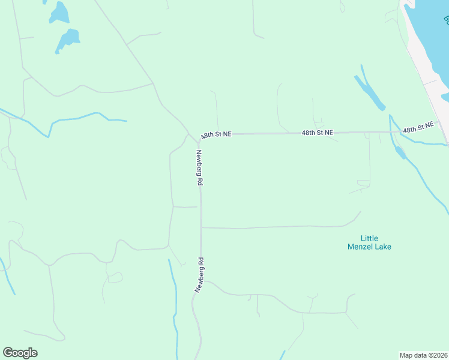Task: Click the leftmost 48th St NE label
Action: coord(216,135)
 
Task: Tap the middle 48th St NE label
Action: coord(317,133)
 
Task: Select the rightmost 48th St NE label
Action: coord(418,128)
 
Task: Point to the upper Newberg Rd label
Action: coord(199,167)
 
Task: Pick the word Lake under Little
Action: coord(383,246)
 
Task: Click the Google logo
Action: coord(20,353)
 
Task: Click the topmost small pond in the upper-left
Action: coord(59,11)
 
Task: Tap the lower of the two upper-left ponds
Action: coord(67,40)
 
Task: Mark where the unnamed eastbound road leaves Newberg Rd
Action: coord(201,227)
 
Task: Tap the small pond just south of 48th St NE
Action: coord(400,152)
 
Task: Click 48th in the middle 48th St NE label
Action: coord(309,133)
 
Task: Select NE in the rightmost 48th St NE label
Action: coord(427,126)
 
